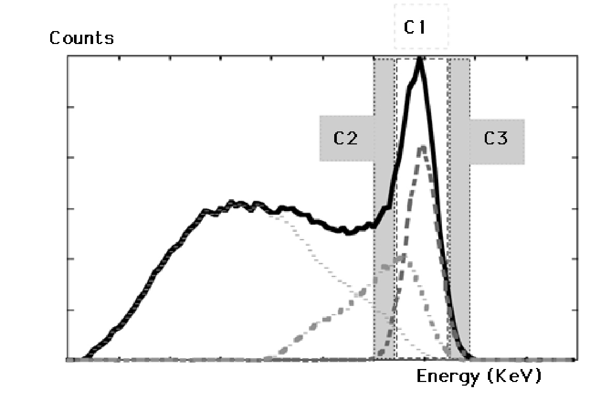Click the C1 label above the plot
[414, 28]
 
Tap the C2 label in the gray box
[345, 139]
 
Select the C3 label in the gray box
[496, 139]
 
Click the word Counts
[82, 38]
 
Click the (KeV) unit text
[514, 377]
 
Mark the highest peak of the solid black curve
[420, 60]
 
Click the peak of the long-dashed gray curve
[423, 147]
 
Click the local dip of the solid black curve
[349, 232]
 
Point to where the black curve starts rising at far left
[86, 356]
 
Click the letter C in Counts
[54, 38]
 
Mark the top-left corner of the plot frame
[68, 56]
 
